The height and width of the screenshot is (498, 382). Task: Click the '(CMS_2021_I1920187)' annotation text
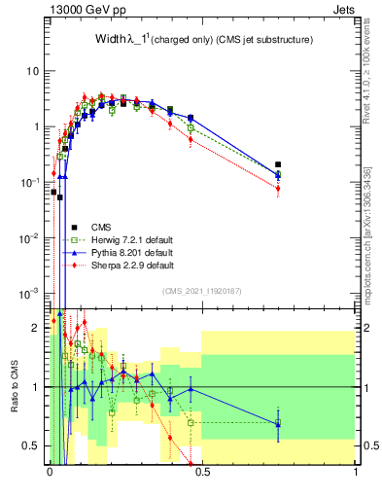tap(201, 291)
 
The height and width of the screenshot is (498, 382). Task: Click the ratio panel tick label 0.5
tap(33, 446)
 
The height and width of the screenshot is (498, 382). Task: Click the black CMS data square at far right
tap(278, 165)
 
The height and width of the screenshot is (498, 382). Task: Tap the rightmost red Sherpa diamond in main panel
tap(278, 189)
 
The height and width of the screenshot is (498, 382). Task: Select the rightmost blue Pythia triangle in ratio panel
tap(278, 423)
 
